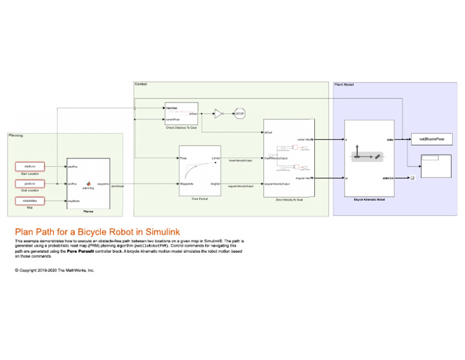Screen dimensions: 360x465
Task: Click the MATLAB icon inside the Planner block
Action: tap(88, 182)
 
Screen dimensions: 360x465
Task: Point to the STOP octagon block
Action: tap(240, 113)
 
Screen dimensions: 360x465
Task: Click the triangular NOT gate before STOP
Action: tap(219, 113)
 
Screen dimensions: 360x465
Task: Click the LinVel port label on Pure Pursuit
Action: tap(215, 158)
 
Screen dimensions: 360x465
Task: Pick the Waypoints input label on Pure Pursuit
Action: tap(187, 183)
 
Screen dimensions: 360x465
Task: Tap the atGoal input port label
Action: tap(268, 132)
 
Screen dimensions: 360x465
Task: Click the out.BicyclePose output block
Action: tap(431, 140)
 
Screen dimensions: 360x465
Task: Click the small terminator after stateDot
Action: tap(412, 178)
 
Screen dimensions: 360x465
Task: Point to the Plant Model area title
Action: tap(344, 84)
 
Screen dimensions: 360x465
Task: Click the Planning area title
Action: tap(16, 136)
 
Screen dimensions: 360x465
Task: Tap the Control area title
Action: tap(140, 84)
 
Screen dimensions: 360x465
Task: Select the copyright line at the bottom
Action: tap(54, 270)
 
